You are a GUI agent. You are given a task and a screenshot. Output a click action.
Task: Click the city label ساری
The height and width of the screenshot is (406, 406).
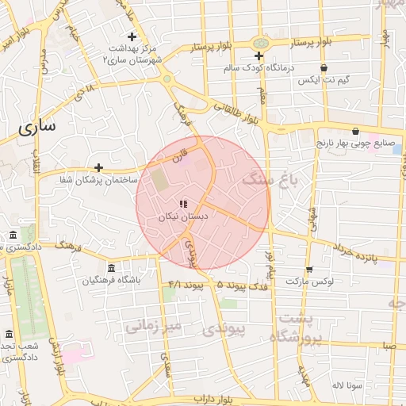(37, 126)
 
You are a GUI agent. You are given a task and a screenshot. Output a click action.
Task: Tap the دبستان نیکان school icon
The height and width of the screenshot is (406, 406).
(184, 204)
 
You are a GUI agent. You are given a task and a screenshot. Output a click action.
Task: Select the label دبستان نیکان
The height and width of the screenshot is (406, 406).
(183, 216)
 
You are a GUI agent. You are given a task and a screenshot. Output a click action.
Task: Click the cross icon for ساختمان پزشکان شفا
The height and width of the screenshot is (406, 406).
(98, 167)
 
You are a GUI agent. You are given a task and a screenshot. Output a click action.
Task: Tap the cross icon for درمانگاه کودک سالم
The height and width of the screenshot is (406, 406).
(259, 56)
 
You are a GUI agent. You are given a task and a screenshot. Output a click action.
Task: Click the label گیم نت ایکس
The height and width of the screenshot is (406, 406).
(320, 81)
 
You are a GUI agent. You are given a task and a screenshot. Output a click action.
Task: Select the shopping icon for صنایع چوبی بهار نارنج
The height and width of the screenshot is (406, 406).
(354, 132)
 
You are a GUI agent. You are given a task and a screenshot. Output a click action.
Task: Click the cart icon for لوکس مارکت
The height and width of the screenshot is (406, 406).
(308, 270)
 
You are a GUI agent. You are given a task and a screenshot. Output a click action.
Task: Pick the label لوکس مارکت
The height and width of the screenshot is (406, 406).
(309, 282)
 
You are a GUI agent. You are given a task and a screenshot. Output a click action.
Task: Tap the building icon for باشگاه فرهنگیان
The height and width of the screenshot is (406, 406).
(110, 267)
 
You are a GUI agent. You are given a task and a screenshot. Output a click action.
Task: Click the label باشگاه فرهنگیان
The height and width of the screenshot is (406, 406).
(111, 280)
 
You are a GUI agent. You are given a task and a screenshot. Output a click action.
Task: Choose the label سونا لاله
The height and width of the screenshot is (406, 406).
(348, 385)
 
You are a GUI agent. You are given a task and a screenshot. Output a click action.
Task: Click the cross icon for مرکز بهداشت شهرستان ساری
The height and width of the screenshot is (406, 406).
(132, 36)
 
